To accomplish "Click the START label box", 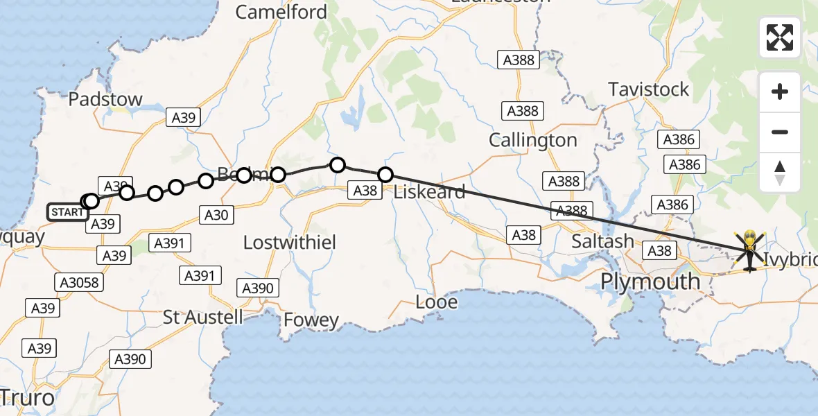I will [68, 212].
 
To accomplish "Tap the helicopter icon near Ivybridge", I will [750, 250].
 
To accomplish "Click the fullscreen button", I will [780, 37].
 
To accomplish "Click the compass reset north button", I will [780, 172].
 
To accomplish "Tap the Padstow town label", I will [105, 99].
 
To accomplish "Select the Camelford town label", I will [281, 12].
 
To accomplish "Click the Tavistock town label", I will [649, 89].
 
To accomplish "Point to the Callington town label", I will [532, 140].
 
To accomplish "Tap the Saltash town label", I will [602, 241].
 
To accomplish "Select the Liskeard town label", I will [429, 192].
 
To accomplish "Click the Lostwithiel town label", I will [290, 243].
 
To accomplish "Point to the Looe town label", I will [437, 302].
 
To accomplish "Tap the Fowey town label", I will [311, 320].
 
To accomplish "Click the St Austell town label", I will [203, 318].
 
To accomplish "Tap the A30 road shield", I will [216, 216].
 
